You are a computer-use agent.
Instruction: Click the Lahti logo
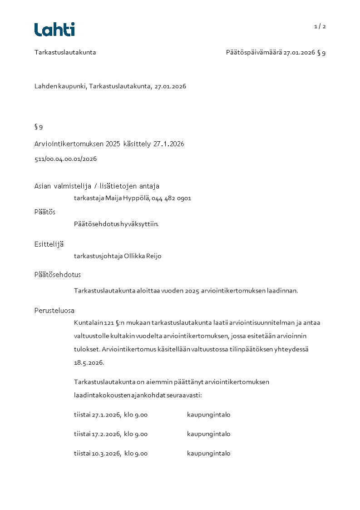coord(54,30)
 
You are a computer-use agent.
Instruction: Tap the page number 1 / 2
coord(320,26)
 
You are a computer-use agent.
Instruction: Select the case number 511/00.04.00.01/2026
coord(65,159)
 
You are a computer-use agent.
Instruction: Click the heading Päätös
coord(45,212)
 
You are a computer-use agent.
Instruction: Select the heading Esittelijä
coord(49,244)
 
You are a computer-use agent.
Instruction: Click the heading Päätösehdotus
coord(58,275)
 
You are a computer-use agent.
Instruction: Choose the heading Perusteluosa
coord(54,311)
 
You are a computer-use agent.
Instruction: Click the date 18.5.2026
coord(89,363)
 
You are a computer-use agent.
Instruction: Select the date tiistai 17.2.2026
coord(97,434)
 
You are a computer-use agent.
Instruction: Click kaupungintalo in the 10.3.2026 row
coord(208,453)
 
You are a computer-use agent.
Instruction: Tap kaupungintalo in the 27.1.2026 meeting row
coord(208,415)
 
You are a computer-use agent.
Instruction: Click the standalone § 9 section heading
coord(39,127)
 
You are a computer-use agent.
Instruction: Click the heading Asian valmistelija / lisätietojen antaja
coord(97,186)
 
